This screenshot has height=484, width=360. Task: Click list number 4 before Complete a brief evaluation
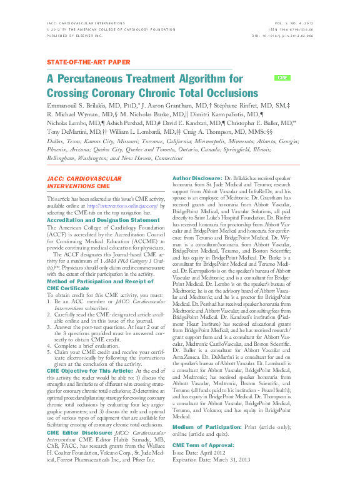[49, 344]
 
